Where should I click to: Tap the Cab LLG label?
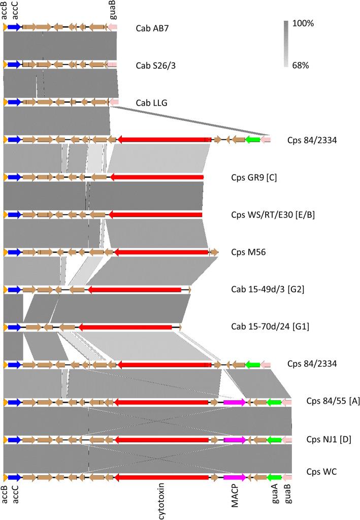click(x=152, y=102)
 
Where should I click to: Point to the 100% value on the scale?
click(x=303, y=23)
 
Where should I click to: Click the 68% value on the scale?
click(x=302, y=65)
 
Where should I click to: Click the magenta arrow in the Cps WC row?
click(x=234, y=477)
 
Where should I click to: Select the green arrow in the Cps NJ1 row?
click(x=274, y=440)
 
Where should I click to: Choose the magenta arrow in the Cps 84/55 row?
click(x=234, y=402)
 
